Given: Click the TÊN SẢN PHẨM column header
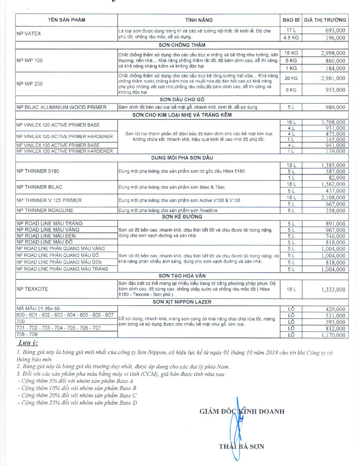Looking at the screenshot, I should pyautogui.click(x=66, y=20).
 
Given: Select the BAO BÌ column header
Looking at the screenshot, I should pyautogui.click(x=291, y=20).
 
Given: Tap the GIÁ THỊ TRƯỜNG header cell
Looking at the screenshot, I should pyautogui.click(x=325, y=20).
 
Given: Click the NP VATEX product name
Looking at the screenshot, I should pyautogui.click(x=29, y=34).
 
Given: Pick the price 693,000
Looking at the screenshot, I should pyautogui.click(x=335, y=31).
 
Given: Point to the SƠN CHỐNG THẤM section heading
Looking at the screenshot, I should pyautogui.click(x=182, y=45).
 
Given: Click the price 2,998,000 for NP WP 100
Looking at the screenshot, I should pyautogui.click(x=333, y=53).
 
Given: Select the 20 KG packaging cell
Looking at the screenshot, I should pyautogui.click(x=291, y=78).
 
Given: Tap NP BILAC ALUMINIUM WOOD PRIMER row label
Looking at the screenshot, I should pyautogui.click(x=61, y=107).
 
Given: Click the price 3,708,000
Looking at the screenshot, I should pyautogui.click(x=333, y=122).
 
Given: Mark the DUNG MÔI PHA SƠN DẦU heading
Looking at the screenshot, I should pyautogui.click(x=182, y=158).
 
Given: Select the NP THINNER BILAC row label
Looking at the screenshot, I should pyautogui.click(x=39, y=187).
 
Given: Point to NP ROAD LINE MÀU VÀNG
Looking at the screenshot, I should pyautogui.click(x=48, y=230).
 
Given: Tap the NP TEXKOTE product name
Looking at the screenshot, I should pyautogui.click(x=32, y=289).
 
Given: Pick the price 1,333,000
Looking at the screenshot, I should pyautogui.click(x=333, y=289).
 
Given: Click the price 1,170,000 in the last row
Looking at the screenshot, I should pyautogui.click(x=333, y=335).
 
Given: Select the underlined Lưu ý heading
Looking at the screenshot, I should pyautogui.click(x=28, y=343).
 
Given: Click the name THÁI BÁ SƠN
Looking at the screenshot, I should pyautogui.click(x=241, y=447).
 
